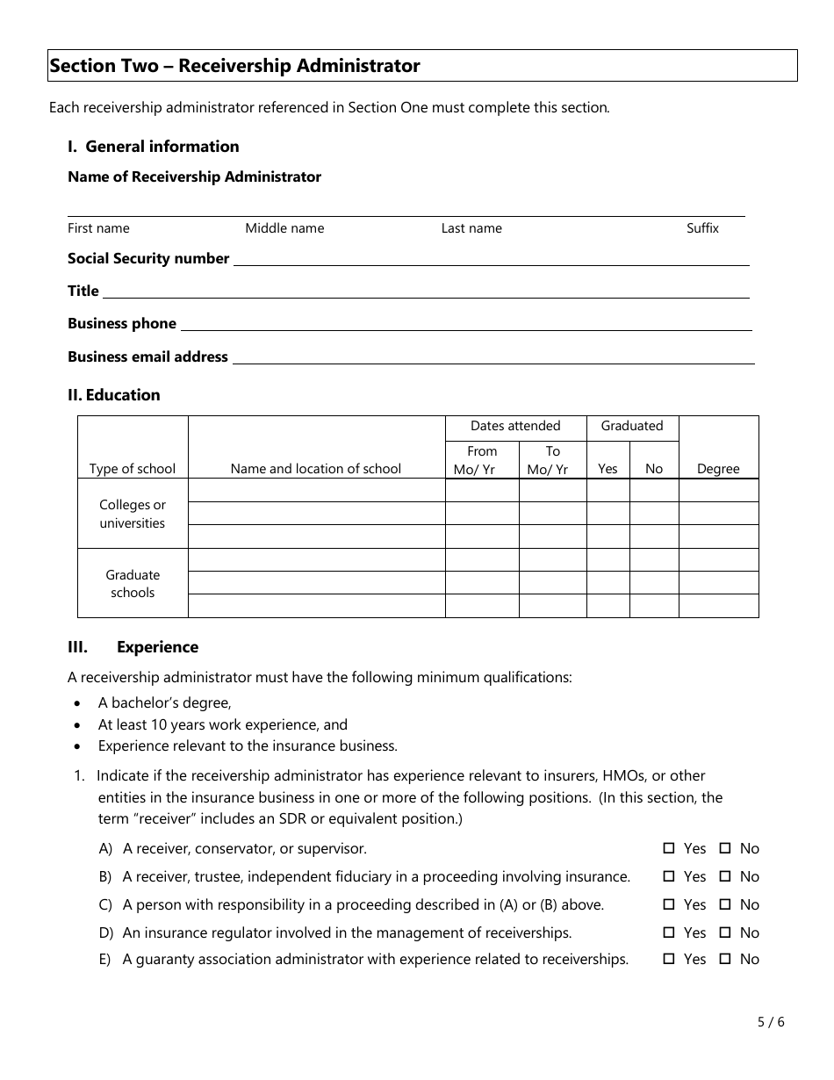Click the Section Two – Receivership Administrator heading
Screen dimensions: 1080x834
coord(235,66)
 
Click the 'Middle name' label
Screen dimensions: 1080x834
coord(284,228)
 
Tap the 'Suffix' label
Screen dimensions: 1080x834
coord(702,228)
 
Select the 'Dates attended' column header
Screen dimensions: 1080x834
coord(515,427)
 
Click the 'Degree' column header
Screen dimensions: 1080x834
coord(718,469)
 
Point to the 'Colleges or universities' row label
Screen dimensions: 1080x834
coord(133,515)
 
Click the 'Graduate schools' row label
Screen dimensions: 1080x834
coord(133,584)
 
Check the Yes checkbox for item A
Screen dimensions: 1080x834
coord(668,848)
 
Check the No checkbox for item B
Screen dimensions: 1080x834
coord(725,876)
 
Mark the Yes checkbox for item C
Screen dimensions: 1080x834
coord(668,904)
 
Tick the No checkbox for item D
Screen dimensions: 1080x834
coord(725,932)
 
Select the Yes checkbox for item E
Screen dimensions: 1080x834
coord(668,959)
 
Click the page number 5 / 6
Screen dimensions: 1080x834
coord(771,1022)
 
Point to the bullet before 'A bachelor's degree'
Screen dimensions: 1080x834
coord(79,703)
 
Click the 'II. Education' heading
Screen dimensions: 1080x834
coord(114,395)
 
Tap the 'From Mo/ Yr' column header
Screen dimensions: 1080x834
coord(482,460)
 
